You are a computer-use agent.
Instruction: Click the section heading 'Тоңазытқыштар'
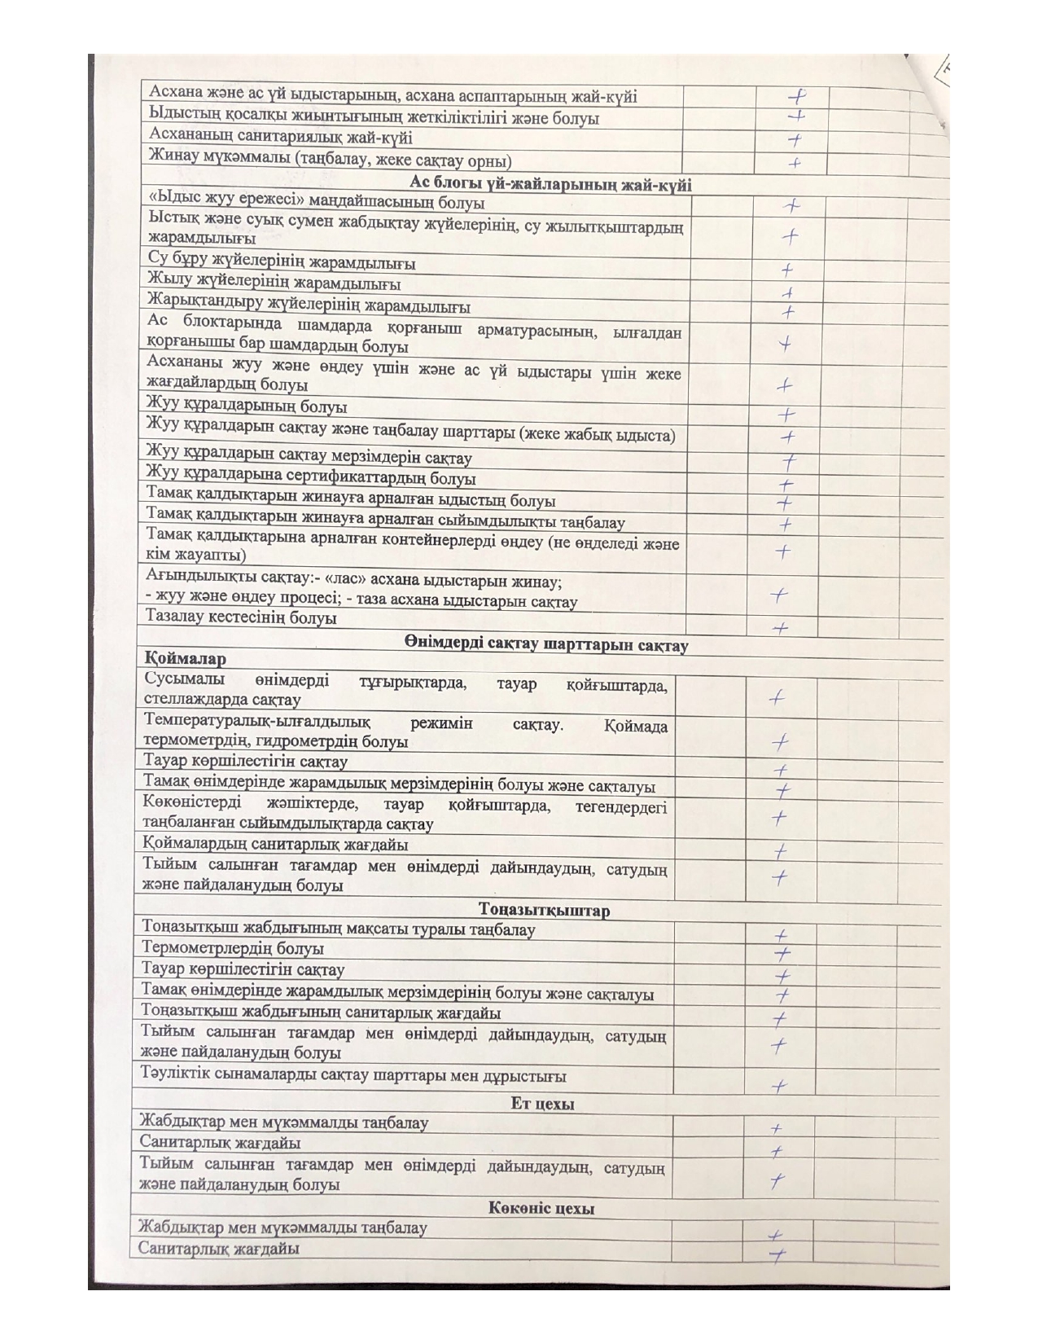[x=544, y=910]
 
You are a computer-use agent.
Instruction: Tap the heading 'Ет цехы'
[x=542, y=1105]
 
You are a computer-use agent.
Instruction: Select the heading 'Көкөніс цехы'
[x=541, y=1208]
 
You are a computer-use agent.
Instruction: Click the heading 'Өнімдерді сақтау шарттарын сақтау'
[x=545, y=645]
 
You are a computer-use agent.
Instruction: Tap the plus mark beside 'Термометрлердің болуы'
[x=782, y=952]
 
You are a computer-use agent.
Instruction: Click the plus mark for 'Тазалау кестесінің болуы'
[x=780, y=628]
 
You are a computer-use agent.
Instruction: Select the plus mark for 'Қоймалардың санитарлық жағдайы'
[x=780, y=851]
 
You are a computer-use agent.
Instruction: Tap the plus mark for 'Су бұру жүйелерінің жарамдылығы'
[x=787, y=270]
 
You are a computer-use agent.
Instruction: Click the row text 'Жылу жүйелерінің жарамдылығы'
[x=274, y=284]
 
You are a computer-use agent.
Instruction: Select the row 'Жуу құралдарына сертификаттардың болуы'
[x=310, y=478]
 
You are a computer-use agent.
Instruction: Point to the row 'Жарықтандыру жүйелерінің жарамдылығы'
[x=309, y=306]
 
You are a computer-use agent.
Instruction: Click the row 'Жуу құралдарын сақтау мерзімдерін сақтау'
[x=309, y=456]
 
